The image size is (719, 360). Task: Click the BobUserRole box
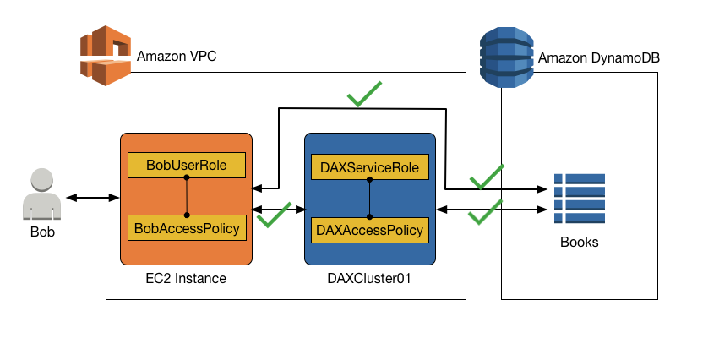pos(186,166)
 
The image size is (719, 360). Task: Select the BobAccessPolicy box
pos(186,227)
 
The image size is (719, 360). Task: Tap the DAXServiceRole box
pos(370,167)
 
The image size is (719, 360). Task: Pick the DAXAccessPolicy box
pos(370,229)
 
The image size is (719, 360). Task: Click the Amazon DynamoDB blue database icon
pos(506,57)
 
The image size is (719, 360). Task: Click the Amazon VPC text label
pos(176,57)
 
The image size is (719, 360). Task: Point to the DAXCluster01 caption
pos(370,278)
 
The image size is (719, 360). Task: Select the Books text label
pos(579,243)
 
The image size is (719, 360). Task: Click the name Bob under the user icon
pos(42,232)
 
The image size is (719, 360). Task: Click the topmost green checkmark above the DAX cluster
pos(363,94)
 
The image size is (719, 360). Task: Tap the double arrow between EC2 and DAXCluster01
pos(278,208)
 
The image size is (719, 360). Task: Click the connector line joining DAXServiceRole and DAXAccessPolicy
pos(370,198)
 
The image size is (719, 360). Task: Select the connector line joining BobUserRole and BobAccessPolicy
pos(186,196)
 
